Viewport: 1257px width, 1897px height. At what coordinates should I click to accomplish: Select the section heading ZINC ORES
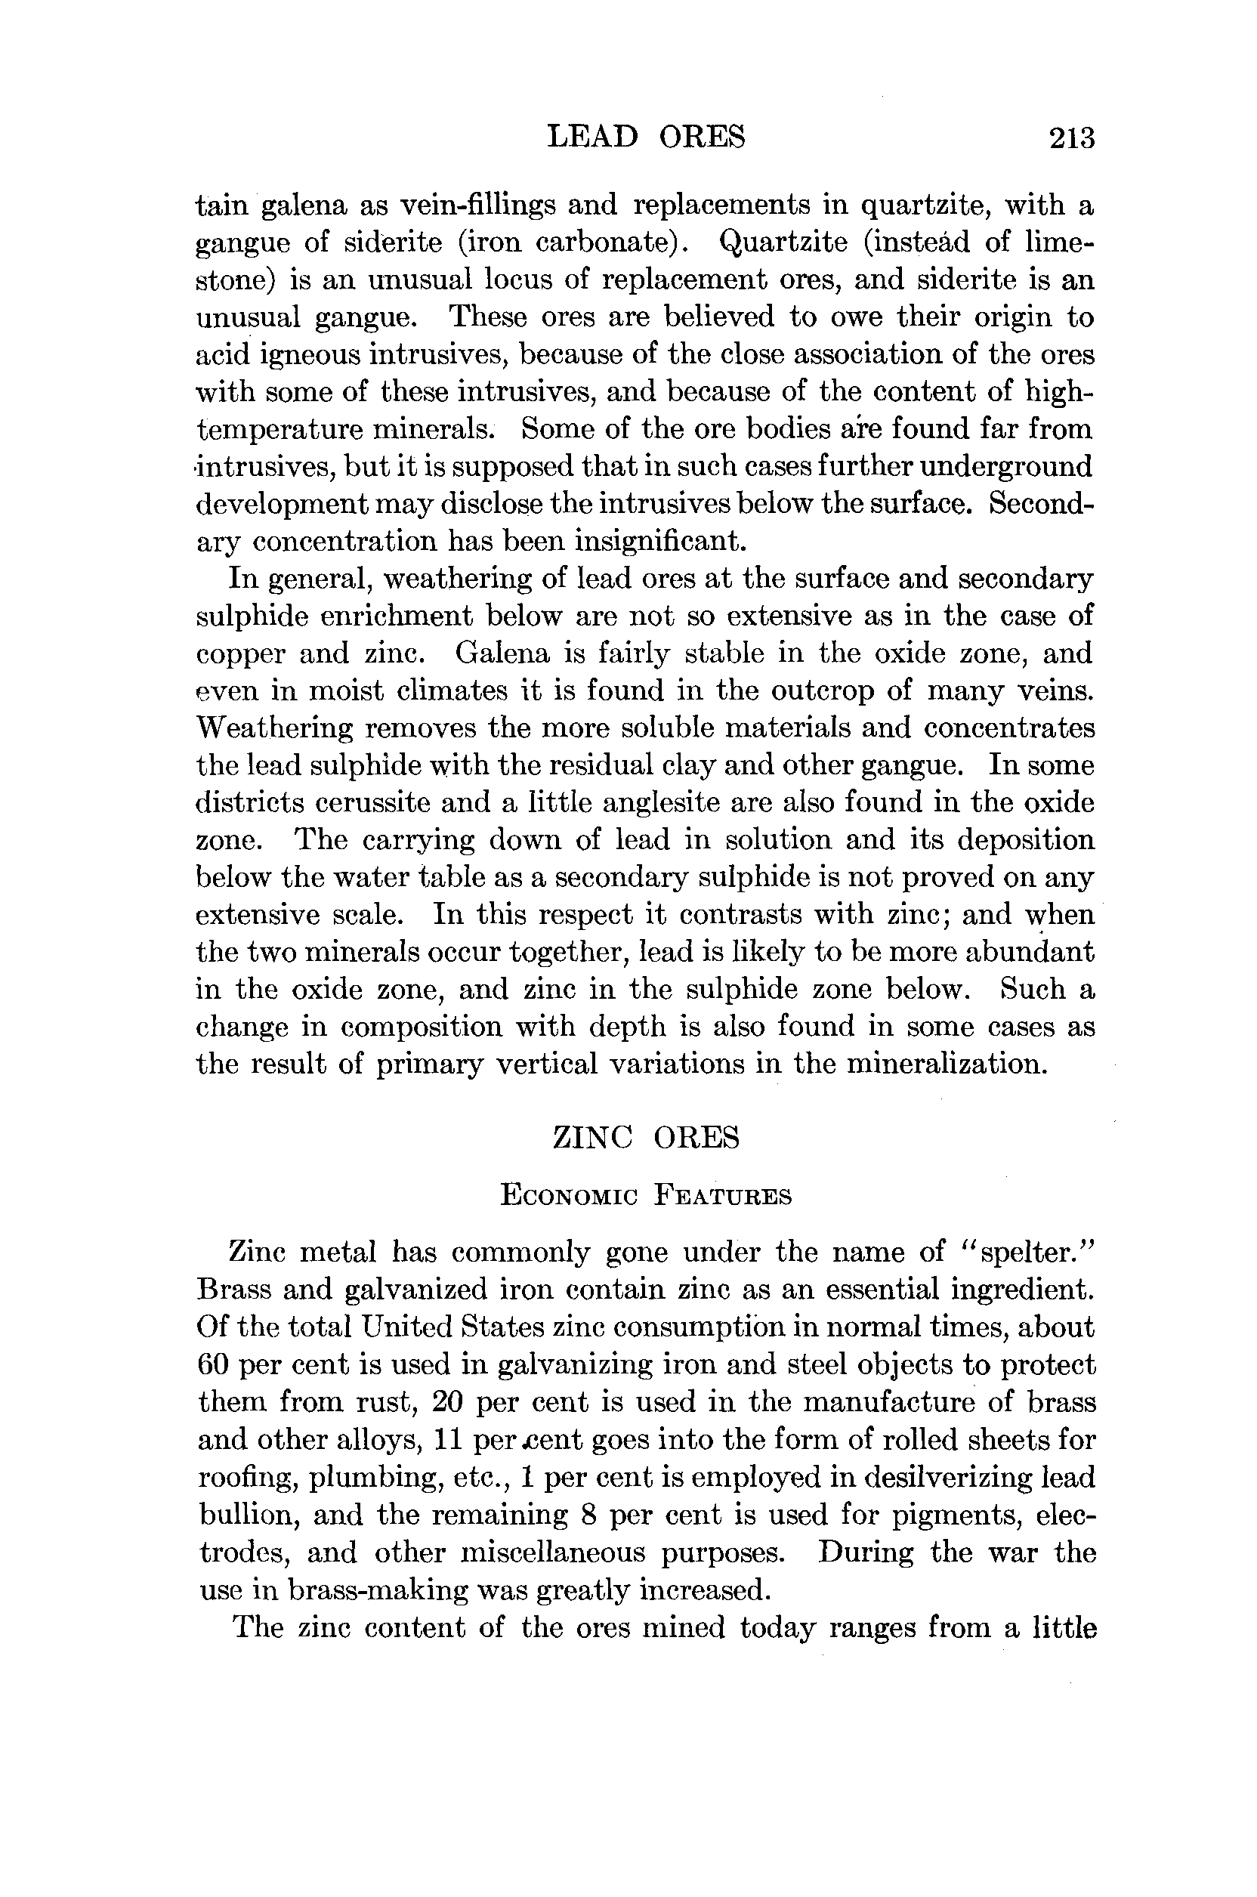tap(646, 1139)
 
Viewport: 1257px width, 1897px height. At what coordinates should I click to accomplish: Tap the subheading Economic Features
tap(646, 1195)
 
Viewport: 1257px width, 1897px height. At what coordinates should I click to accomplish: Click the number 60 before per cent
tap(212, 1364)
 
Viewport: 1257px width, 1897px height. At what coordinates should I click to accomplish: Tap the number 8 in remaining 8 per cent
tap(584, 1515)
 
